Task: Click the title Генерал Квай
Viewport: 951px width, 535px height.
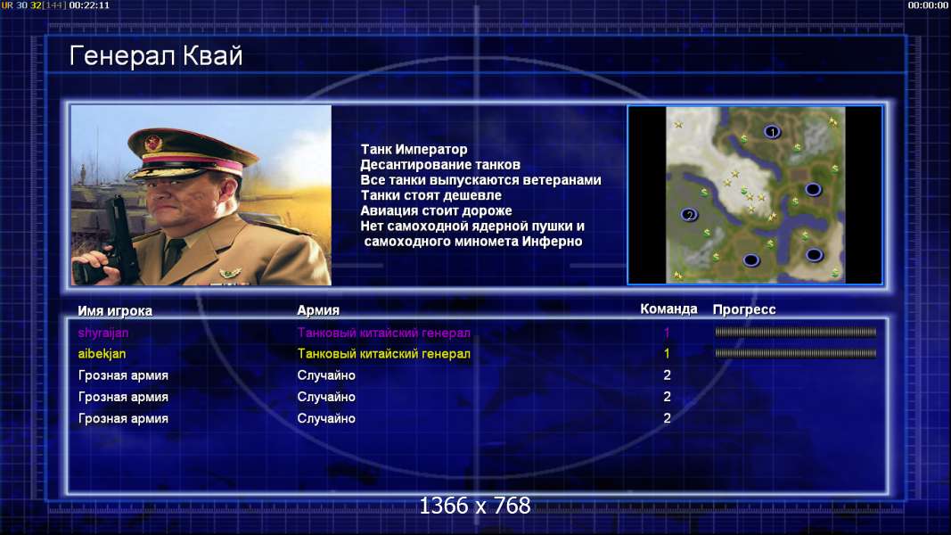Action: click(156, 56)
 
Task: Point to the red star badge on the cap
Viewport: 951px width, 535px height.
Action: click(153, 144)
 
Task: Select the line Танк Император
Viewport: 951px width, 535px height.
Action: click(414, 149)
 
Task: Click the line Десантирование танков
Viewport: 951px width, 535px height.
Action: click(439, 164)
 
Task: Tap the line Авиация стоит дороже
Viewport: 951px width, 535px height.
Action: click(436, 210)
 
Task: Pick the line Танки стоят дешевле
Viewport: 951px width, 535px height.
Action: click(430, 195)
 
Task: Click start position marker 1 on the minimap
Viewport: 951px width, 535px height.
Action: click(772, 132)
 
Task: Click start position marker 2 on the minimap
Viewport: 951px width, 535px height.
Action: click(688, 215)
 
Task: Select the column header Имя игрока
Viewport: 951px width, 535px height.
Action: click(115, 310)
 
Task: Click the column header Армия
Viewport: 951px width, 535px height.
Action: click(318, 310)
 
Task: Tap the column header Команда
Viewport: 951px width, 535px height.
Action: click(668, 309)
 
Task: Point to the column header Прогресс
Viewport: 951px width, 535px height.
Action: click(743, 309)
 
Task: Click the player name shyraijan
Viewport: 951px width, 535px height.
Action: click(103, 333)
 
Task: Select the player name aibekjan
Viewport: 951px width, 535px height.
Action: click(102, 353)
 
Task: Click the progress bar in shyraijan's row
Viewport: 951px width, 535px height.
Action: click(795, 333)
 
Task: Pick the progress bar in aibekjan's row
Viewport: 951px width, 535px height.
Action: click(795, 353)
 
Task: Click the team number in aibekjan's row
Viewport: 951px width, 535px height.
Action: click(667, 353)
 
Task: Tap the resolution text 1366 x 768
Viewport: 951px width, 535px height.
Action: click(475, 506)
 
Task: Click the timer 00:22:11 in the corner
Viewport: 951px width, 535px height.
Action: click(89, 5)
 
